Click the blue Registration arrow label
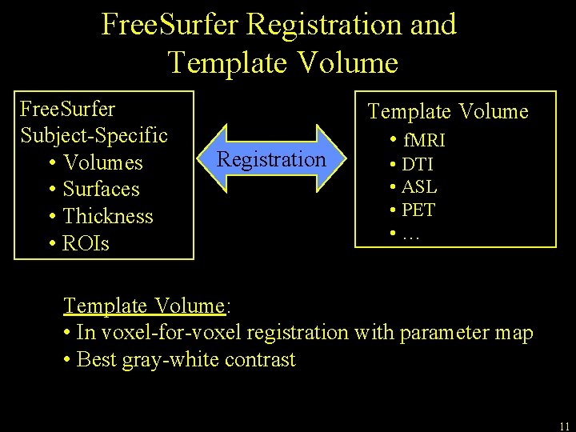272,159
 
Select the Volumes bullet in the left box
102,162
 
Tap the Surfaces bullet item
101,190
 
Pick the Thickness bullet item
107,216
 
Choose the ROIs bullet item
86,243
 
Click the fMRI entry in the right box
424,141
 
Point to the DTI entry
418,165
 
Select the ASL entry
419,187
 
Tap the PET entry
418,210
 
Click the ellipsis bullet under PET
411,234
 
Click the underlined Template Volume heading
144,306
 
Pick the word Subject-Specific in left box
94,134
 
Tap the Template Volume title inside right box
448,111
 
